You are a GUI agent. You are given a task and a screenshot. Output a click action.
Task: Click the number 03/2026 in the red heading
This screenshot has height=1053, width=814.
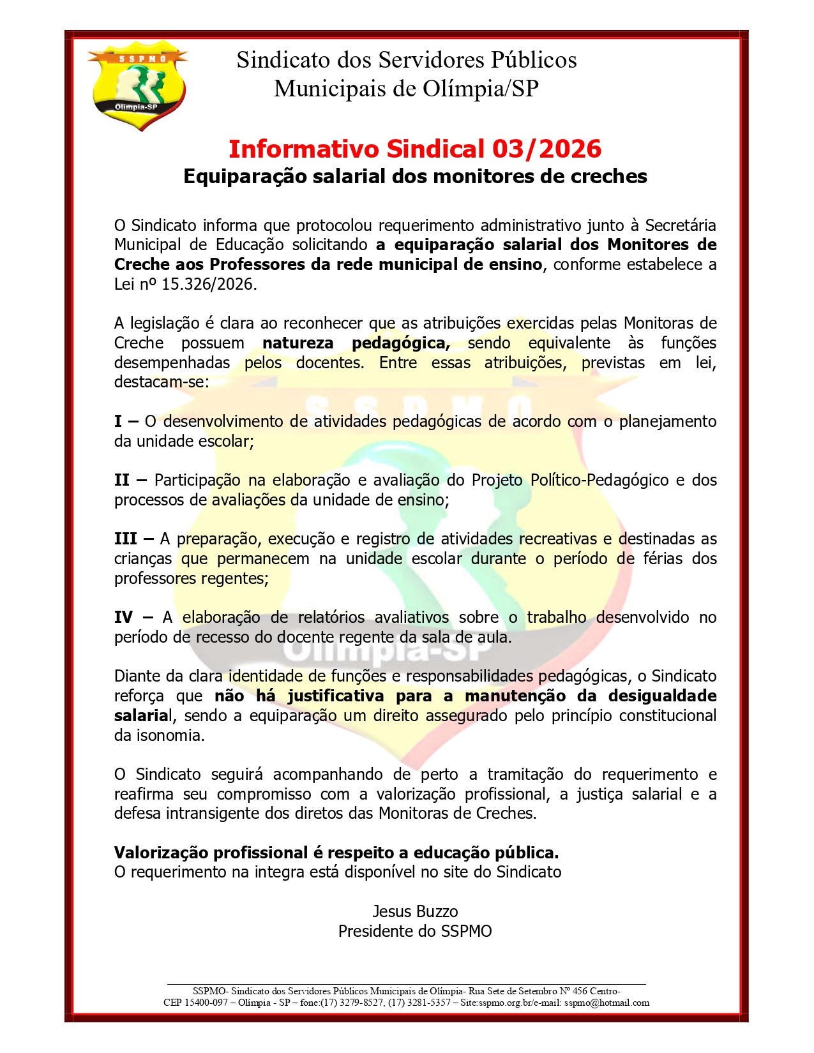[x=546, y=149]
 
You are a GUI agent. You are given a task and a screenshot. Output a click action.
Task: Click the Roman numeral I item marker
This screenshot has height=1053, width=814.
[x=118, y=421]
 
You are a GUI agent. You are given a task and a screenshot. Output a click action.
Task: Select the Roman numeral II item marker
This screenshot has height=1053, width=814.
[x=122, y=480]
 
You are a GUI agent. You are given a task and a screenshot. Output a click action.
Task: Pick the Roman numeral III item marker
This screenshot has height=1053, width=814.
[x=125, y=539]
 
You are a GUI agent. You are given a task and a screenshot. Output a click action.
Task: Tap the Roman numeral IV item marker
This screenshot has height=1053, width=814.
[x=124, y=617]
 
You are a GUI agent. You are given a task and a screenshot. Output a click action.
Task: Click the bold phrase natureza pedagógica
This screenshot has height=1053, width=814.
[x=356, y=343]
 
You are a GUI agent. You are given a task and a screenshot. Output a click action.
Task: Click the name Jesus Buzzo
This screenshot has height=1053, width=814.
[x=415, y=911]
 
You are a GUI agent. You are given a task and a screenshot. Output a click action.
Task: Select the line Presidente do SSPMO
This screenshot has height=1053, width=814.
[x=415, y=931]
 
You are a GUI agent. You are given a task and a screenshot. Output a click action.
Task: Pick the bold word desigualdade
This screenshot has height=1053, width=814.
[x=662, y=696]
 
